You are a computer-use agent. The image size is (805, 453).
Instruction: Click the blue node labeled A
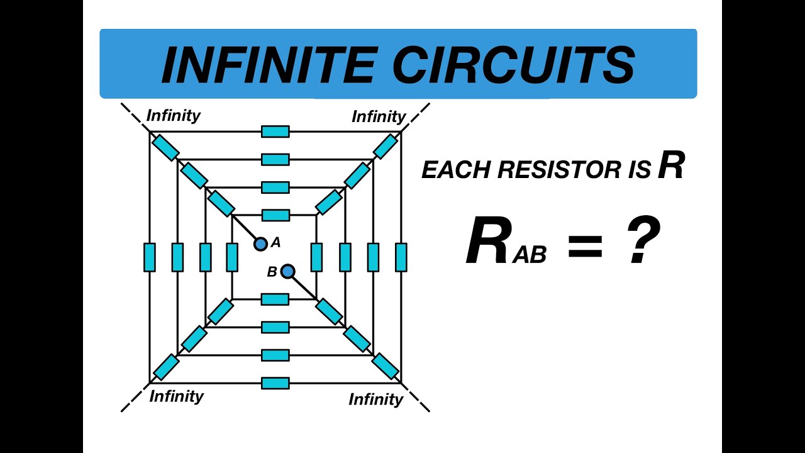pyautogui.click(x=260, y=243)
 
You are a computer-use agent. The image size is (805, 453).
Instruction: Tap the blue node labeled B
pyautogui.click(x=288, y=271)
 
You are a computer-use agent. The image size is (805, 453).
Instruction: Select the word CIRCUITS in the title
pyautogui.click(x=515, y=64)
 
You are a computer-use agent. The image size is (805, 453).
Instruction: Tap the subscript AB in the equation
pyautogui.click(x=530, y=255)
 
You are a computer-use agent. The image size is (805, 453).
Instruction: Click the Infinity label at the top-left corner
pyautogui.click(x=173, y=116)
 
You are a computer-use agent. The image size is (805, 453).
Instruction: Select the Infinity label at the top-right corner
pyautogui.click(x=379, y=116)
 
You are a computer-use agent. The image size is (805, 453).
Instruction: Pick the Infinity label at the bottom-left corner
pyautogui.click(x=177, y=396)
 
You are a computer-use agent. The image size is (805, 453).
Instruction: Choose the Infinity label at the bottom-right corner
pyautogui.click(x=375, y=400)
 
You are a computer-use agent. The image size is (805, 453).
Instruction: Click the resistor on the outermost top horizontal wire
pyautogui.click(x=275, y=131)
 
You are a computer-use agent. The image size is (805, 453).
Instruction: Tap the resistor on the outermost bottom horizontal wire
pyautogui.click(x=275, y=383)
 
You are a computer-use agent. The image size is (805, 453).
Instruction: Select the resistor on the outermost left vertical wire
pyautogui.click(x=150, y=257)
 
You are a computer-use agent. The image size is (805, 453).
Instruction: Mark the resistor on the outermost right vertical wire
pyautogui.click(x=401, y=257)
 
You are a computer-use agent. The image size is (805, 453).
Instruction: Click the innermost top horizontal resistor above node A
pyautogui.click(x=275, y=215)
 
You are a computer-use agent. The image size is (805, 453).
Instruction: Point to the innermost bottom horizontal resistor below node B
pyautogui.click(x=275, y=299)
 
